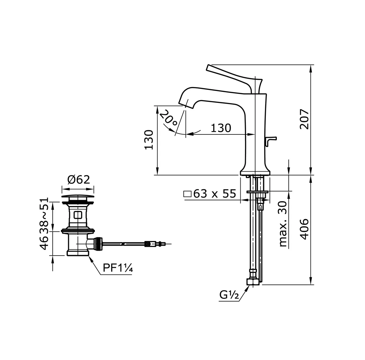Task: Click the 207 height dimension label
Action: (x=304, y=119)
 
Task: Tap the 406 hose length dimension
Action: (x=304, y=229)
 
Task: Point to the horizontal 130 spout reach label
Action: (x=221, y=128)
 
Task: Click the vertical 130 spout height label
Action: (x=149, y=140)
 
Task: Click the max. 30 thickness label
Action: (x=283, y=224)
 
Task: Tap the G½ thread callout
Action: (x=229, y=295)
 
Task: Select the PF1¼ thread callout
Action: (x=118, y=268)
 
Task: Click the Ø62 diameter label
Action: (x=78, y=180)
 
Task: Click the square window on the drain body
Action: (x=78, y=215)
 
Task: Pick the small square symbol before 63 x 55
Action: (x=188, y=194)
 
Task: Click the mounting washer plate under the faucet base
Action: (x=257, y=192)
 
